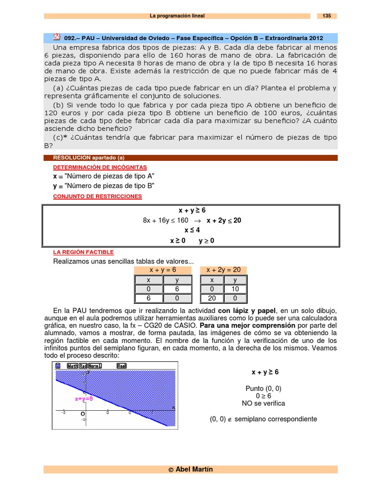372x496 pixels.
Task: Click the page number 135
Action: [x=326, y=16]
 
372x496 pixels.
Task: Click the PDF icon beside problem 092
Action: [x=57, y=37]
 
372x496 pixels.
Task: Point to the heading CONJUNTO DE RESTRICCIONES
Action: [x=97, y=196]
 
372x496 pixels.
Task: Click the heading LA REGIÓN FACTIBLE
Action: [x=83, y=252]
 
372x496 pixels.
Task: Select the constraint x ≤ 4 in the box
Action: [x=192, y=230]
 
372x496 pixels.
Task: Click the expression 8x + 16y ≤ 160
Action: [x=166, y=220]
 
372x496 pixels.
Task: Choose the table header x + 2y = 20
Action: [x=224, y=270]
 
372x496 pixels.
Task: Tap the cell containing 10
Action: [x=235, y=289]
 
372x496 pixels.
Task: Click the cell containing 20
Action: [x=212, y=299]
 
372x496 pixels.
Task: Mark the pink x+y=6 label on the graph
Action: [x=83, y=399]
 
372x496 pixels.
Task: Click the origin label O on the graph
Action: [x=83, y=415]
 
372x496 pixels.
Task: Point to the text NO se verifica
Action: [x=263, y=403]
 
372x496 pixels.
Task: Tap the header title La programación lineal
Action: [x=177, y=16]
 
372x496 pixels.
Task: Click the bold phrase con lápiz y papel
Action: [x=246, y=310]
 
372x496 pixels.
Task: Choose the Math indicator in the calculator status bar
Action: [x=72, y=366]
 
